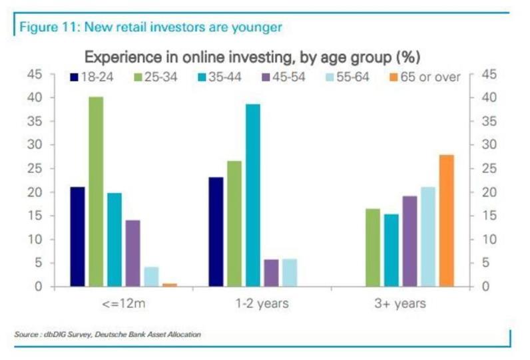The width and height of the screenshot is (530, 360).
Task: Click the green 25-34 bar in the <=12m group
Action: [96, 192]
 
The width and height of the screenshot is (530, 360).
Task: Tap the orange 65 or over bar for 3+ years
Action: [446, 220]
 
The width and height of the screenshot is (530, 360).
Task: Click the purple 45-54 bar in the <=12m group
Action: [134, 253]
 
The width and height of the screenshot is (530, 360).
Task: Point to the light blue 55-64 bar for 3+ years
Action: [427, 236]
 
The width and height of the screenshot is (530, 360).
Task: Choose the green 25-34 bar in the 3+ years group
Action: [373, 248]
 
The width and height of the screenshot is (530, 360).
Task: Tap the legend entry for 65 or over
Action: [427, 77]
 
